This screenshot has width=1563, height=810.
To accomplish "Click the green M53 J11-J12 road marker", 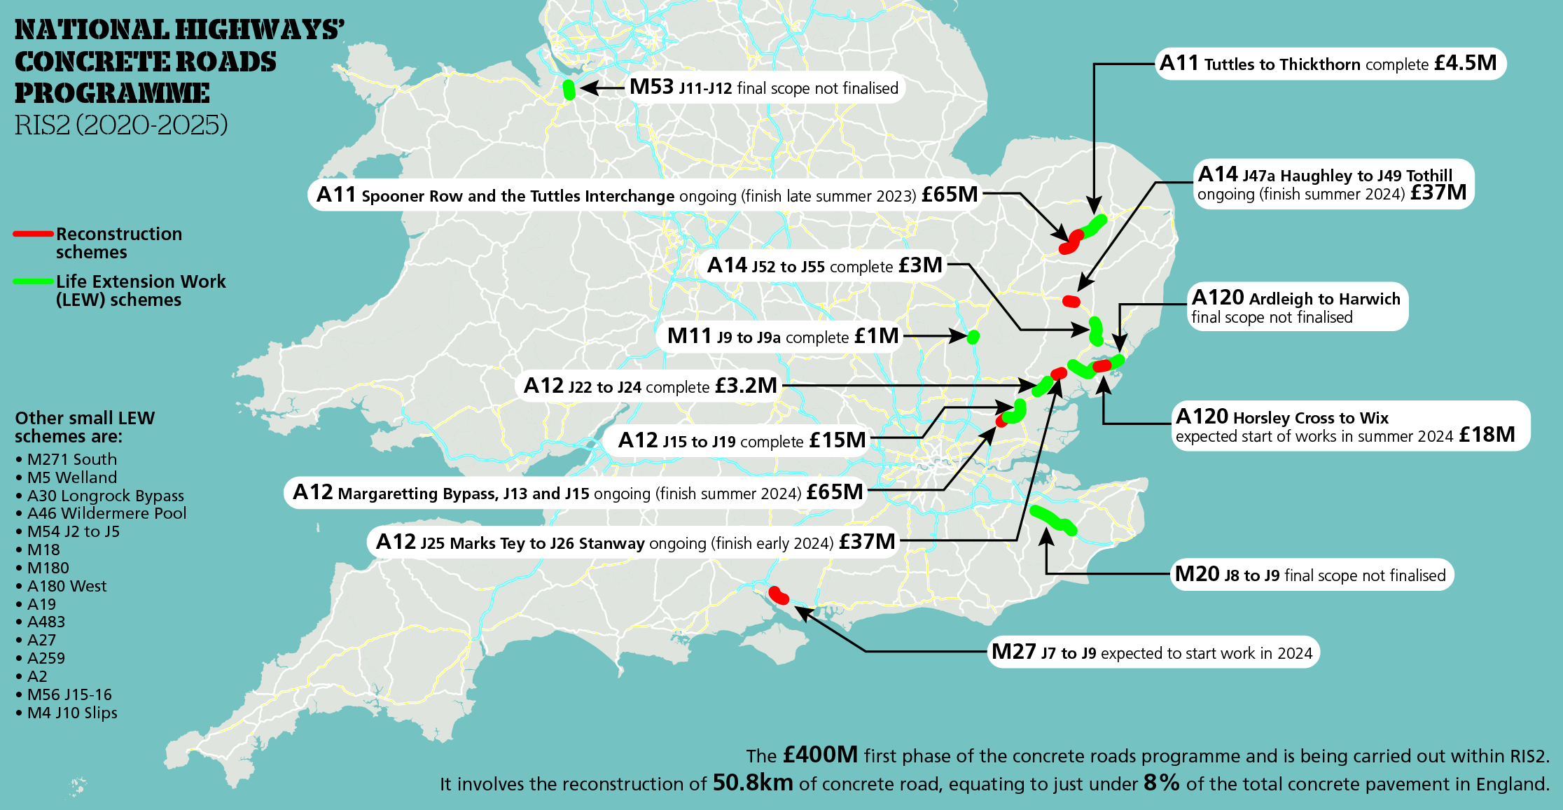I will (x=569, y=90).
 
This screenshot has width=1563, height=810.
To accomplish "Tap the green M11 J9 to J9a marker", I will (x=973, y=337).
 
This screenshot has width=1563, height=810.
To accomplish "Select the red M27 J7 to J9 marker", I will (x=779, y=596).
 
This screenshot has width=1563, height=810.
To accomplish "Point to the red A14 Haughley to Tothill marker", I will (x=1071, y=301).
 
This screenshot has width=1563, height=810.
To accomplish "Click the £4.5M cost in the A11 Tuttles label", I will (x=1465, y=63).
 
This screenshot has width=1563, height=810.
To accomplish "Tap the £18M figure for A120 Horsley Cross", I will (x=1487, y=435).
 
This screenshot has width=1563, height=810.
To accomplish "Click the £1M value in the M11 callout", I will (x=876, y=336).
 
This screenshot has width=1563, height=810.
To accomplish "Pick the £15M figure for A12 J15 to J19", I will (x=838, y=440).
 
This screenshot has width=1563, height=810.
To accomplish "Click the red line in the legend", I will (x=33, y=234).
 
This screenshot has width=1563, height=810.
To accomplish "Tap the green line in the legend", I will (x=33, y=281).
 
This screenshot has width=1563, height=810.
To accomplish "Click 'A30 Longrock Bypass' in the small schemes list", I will (x=105, y=496).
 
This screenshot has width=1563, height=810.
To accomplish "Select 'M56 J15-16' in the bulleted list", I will (x=69, y=694).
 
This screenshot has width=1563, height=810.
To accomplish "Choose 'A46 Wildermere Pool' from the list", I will (x=106, y=513).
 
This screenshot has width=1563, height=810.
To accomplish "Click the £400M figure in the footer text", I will (x=820, y=755).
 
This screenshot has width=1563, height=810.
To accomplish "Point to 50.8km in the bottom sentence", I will (x=753, y=783).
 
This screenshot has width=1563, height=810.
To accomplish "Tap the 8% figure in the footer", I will (x=1162, y=783).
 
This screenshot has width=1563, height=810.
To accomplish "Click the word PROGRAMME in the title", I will (x=112, y=93).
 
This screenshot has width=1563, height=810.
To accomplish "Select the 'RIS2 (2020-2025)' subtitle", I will (x=121, y=125).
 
